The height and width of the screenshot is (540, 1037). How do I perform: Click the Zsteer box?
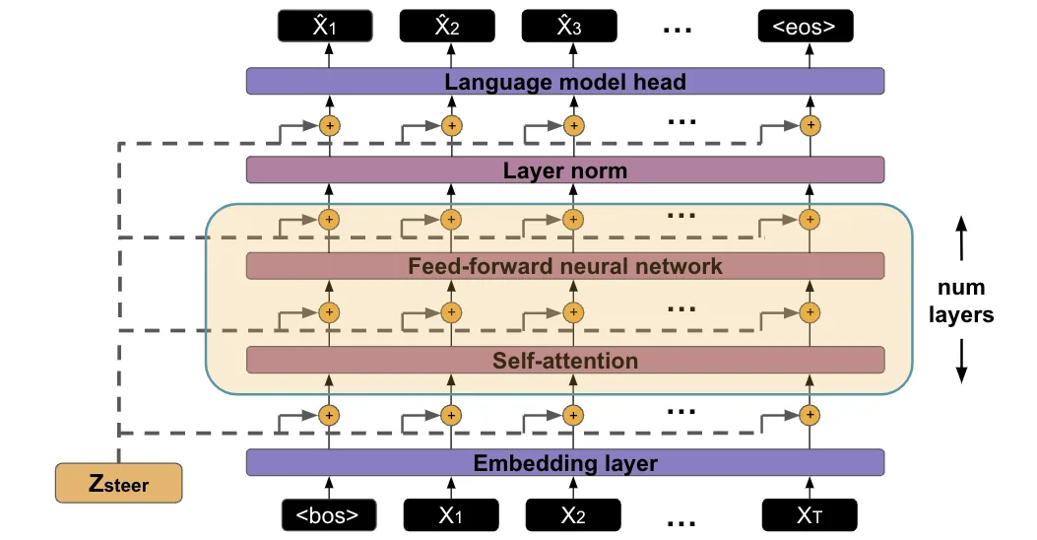click(118, 483)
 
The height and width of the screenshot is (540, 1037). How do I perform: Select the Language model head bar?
click(565, 82)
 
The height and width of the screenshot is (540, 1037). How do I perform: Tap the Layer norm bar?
click(565, 170)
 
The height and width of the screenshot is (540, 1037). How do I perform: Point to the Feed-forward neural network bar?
click(565, 266)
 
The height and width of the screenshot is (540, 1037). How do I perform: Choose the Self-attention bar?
click(565, 360)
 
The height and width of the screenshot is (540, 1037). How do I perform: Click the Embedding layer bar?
click(565, 462)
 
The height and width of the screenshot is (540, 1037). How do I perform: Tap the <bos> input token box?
click(329, 514)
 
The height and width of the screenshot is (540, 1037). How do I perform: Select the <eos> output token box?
click(805, 27)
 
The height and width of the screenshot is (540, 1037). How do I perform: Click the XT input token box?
click(810, 514)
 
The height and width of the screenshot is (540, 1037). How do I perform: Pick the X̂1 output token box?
click(325, 27)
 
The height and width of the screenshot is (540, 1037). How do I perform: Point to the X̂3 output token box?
click(569, 27)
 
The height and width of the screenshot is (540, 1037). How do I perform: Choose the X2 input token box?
click(573, 514)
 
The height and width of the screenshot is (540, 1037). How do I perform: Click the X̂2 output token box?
click(447, 27)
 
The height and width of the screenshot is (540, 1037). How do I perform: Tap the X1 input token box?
click(451, 514)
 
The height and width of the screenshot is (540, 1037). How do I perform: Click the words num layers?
click(961, 302)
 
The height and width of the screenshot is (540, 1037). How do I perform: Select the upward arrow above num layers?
click(961, 238)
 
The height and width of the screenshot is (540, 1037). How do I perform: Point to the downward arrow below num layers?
click(961, 362)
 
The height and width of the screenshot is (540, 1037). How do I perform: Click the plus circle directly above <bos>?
click(329, 416)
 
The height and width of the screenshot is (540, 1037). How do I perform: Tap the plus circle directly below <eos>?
click(810, 125)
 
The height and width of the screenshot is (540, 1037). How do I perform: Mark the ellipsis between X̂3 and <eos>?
click(677, 30)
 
